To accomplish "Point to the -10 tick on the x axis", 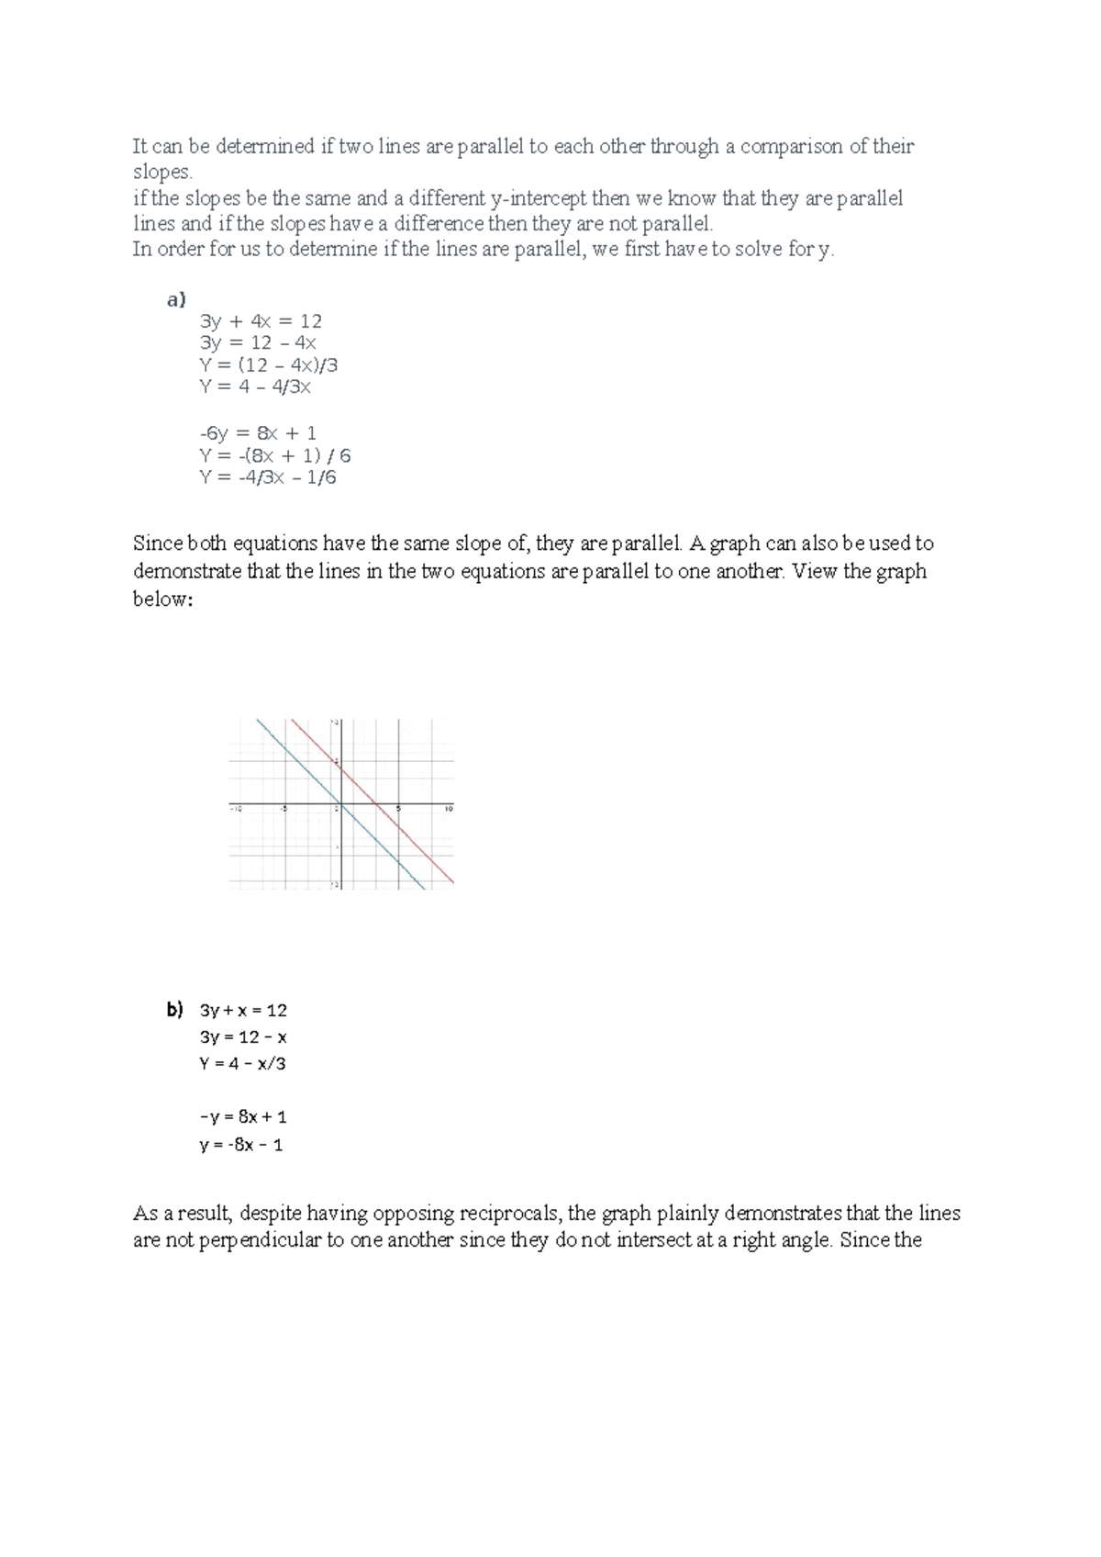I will (x=235, y=809).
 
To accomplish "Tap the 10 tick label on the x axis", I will (x=449, y=809).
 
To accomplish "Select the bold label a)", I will (x=175, y=299).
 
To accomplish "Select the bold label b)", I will (x=175, y=1010).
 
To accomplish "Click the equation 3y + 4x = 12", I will (x=261, y=321).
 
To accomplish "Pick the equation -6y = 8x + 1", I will (x=258, y=433).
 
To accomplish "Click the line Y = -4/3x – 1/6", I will (x=267, y=477).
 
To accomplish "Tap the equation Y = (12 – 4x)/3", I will (x=268, y=365).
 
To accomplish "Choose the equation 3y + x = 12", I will (x=243, y=1011).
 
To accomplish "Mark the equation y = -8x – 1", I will (x=241, y=1145).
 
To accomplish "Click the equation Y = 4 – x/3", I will (x=242, y=1064).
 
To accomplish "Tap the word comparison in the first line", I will (x=790, y=147).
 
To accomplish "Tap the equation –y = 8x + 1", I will (x=243, y=1117).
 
